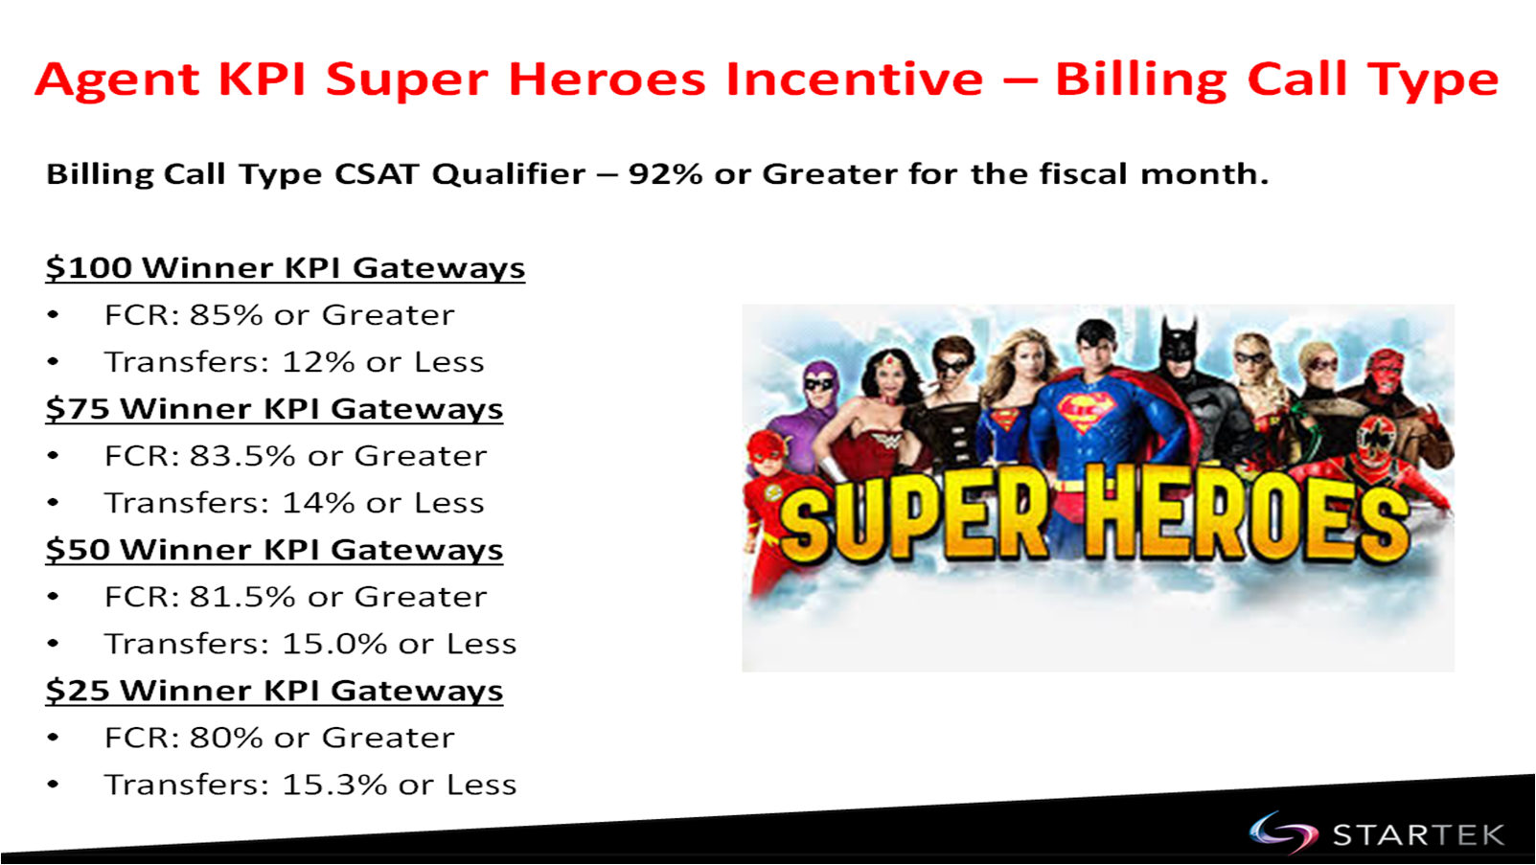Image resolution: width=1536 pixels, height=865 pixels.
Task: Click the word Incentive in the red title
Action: coord(855,79)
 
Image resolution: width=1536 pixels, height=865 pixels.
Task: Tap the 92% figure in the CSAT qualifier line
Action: coord(665,174)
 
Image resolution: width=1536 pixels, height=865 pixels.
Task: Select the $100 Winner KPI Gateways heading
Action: coord(286,267)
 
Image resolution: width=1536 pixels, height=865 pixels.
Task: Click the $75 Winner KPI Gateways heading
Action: coord(274,408)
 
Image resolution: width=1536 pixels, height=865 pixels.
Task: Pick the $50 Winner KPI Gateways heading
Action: coord(274,550)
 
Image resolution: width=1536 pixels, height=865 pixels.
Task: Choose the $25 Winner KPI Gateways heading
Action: coord(274,691)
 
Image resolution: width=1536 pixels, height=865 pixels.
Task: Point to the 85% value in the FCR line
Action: coord(226,315)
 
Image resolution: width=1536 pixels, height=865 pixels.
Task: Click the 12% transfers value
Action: coord(318,362)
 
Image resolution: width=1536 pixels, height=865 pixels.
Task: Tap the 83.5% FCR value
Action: coord(242,456)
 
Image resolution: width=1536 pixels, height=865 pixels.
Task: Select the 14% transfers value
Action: coord(318,503)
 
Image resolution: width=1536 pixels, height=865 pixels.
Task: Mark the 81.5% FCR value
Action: coord(242,597)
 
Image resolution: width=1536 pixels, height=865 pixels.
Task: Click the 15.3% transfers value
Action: coord(334,785)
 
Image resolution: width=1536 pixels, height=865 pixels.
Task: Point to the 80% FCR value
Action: coord(226,738)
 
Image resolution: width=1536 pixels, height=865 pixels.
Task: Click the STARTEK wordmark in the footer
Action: coord(1418,835)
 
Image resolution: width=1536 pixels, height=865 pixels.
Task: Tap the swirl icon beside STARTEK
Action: coord(1283,832)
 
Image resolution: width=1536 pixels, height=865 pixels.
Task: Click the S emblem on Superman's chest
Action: coord(1087,411)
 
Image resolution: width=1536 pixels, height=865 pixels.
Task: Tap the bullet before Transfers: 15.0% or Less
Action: coord(53,644)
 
